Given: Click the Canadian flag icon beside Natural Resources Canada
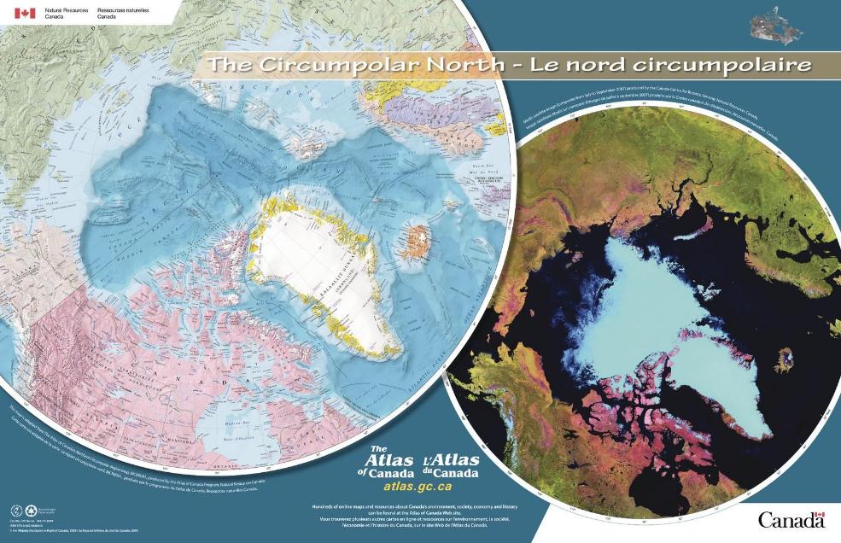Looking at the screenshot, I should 25,13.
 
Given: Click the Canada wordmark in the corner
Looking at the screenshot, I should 789,520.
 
